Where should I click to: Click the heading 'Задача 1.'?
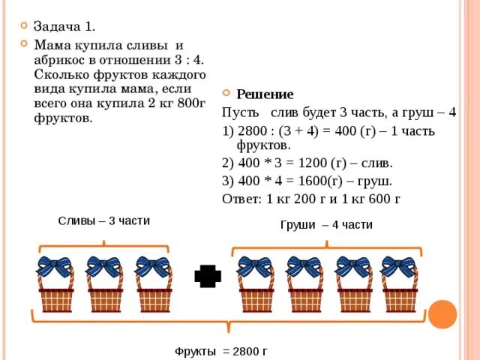click(x=64, y=26)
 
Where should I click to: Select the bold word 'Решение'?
click(x=265, y=94)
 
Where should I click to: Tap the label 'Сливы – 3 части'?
click(x=103, y=220)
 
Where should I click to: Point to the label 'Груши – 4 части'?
click(x=326, y=225)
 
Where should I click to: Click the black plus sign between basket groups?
click(x=208, y=276)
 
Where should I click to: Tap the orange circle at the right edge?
click(x=442, y=314)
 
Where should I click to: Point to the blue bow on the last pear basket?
click(x=398, y=266)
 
